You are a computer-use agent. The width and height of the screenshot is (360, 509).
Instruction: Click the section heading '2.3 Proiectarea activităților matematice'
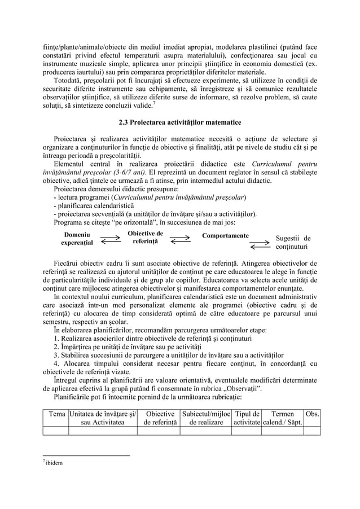(179, 122)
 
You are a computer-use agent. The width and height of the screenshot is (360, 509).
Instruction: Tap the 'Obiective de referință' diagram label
(145, 238)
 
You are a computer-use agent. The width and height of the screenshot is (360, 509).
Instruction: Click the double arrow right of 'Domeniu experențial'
(111, 239)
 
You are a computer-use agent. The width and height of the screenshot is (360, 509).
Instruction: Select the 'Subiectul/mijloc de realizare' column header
(205, 419)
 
